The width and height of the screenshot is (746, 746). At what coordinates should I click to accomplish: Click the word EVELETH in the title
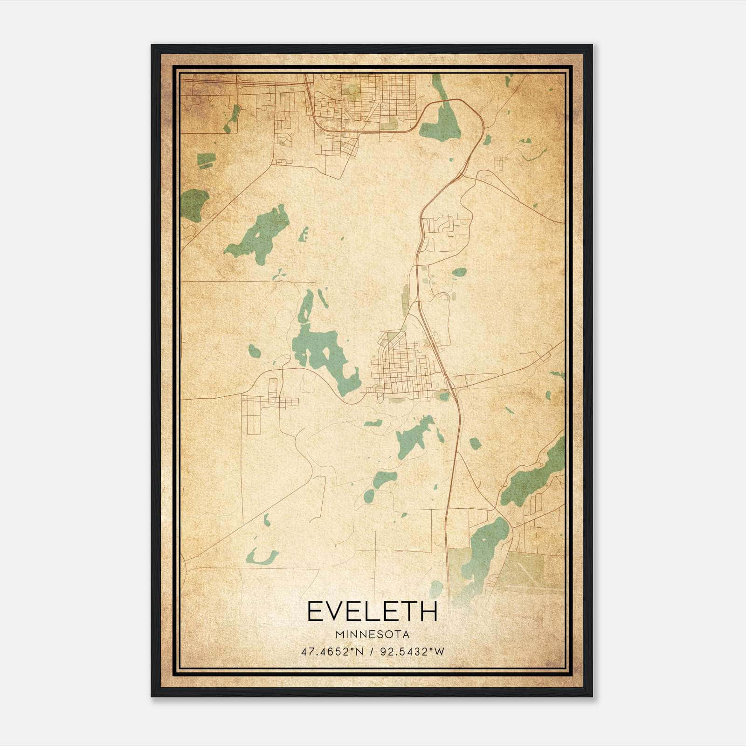point(372,611)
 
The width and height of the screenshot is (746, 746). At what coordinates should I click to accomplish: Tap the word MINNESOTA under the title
point(372,635)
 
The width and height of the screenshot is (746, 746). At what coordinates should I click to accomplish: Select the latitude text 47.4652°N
point(332,652)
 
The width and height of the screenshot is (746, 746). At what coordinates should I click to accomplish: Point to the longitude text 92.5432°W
point(413,652)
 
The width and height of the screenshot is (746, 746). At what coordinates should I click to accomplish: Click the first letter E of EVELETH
point(314,611)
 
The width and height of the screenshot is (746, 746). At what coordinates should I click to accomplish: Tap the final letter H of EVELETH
point(429,611)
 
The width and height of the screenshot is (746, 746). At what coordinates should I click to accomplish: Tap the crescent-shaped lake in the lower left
point(262,558)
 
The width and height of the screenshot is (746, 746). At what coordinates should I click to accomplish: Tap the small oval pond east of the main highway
point(459,272)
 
